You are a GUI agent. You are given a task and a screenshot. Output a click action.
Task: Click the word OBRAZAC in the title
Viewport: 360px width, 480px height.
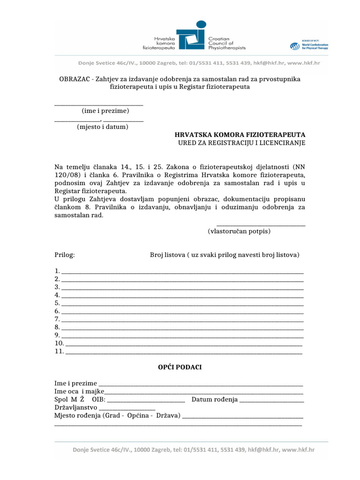coord(75,79)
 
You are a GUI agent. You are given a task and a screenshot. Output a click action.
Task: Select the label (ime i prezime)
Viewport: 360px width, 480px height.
coord(105,111)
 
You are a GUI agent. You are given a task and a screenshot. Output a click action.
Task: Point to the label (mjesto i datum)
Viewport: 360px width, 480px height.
coord(103,127)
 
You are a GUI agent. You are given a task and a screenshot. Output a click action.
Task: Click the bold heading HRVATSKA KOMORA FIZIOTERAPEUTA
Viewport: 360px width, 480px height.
coord(240,135)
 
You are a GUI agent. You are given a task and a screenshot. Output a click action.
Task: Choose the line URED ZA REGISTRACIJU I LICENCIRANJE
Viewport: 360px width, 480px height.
coord(241,142)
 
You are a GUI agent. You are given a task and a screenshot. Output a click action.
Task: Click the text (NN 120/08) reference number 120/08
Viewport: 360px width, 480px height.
coord(64,174)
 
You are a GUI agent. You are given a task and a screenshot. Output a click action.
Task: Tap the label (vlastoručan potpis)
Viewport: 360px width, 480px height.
coord(239,231)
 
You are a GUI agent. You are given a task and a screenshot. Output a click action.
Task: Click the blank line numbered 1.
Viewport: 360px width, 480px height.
coord(182,272)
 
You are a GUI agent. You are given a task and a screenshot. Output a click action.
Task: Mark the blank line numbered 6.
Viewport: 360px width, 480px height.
coord(182,312)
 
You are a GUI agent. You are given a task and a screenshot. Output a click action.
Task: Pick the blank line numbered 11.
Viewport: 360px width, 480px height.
coord(184,352)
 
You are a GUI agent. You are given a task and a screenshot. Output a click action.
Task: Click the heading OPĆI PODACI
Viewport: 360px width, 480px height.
coord(180,367)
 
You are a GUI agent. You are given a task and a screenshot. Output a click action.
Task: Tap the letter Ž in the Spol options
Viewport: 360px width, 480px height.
coord(82,399)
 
